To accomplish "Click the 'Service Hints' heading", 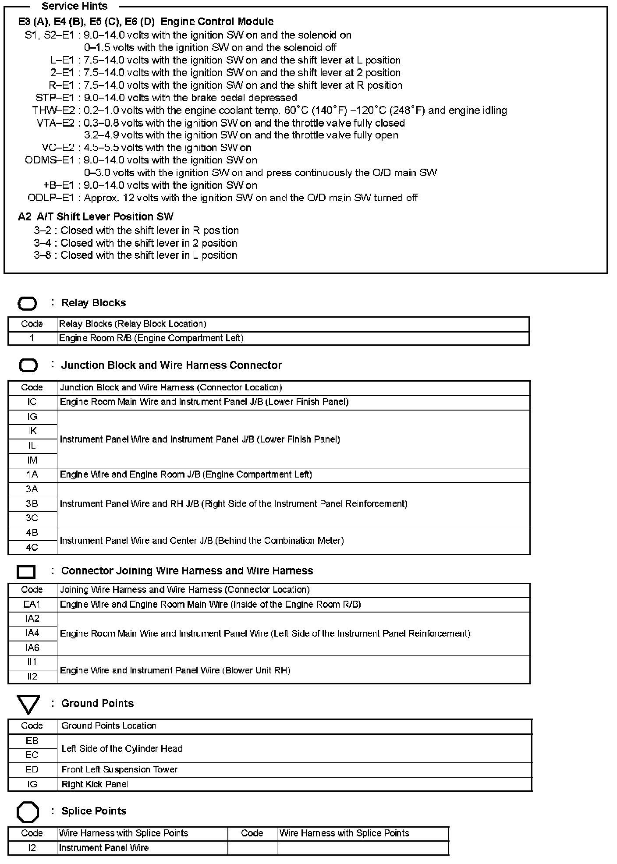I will [74, 7].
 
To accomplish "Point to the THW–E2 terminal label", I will [53, 110].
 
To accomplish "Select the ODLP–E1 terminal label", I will [51, 198].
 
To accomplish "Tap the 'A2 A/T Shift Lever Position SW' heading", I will [96, 217].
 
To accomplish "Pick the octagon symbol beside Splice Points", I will [28, 812].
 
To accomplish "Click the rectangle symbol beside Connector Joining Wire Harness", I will [26, 572].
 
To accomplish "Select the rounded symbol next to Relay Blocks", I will [27, 304].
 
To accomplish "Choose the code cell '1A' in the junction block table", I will [32, 474].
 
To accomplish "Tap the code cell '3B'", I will [32, 504].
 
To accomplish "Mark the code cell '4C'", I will [32, 547].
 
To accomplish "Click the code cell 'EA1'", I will [32, 605].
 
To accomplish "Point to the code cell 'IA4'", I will [32, 633].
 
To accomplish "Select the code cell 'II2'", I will [32, 676].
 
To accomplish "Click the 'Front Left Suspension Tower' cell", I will [119, 769].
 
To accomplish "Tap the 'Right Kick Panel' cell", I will [95, 784].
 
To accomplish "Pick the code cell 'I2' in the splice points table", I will [32, 848].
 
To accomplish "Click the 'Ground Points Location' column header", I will [109, 726].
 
